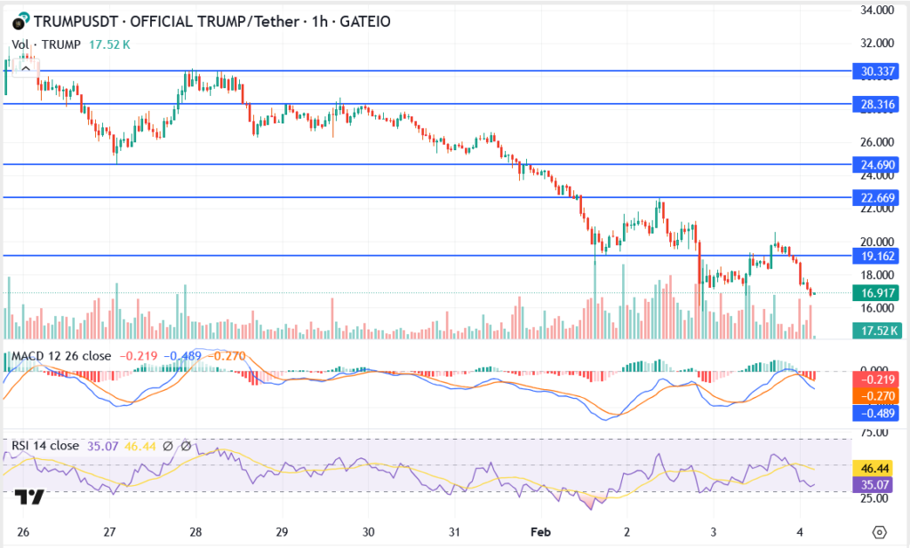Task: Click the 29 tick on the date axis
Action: pyautogui.click(x=283, y=532)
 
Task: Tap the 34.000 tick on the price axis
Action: pyautogui.click(x=873, y=11)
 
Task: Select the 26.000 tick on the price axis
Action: pyautogui.click(x=873, y=142)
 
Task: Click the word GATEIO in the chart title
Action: pyautogui.click(x=366, y=20)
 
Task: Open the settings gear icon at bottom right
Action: pyautogui.click(x=879, y=532)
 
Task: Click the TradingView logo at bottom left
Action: pyautogui.click(x=31, y=498)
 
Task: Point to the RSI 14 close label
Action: pyautogui.click(x=45, y=446)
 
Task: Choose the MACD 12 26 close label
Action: pyautogui.click(x=61, y=356)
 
